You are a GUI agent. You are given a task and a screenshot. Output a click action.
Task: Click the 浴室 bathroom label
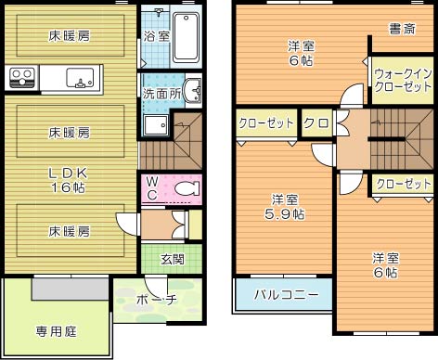[x=157, y=36]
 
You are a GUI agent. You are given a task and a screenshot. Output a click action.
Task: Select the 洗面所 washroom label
[x=161, y=94]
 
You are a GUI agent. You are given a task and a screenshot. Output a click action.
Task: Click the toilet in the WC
[x=187, y=189]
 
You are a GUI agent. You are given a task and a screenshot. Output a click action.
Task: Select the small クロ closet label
[x=315, y=123]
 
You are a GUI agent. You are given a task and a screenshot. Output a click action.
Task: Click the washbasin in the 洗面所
[x=191, y=91]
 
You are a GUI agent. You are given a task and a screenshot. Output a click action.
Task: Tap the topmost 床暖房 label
[x=70, y=36]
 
